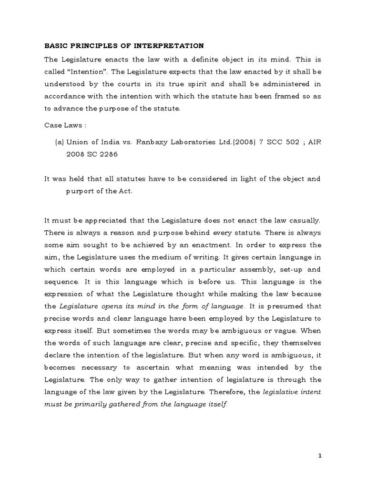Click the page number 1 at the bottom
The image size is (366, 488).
click(321, 456)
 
